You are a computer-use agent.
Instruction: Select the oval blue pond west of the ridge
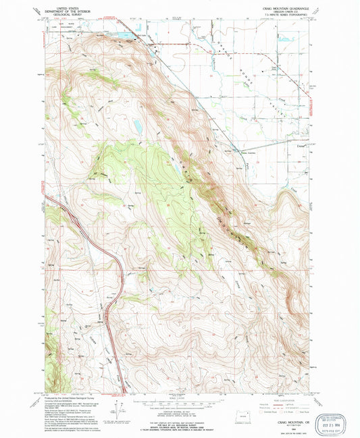137,126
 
